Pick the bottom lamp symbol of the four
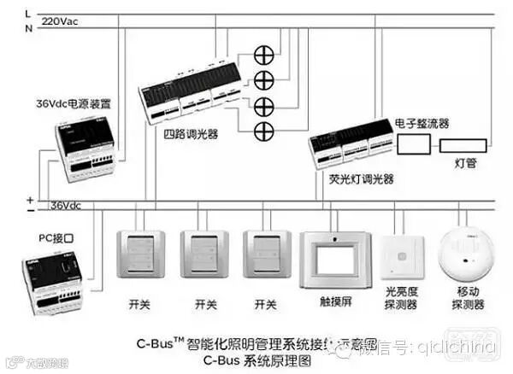pos(263,131)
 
